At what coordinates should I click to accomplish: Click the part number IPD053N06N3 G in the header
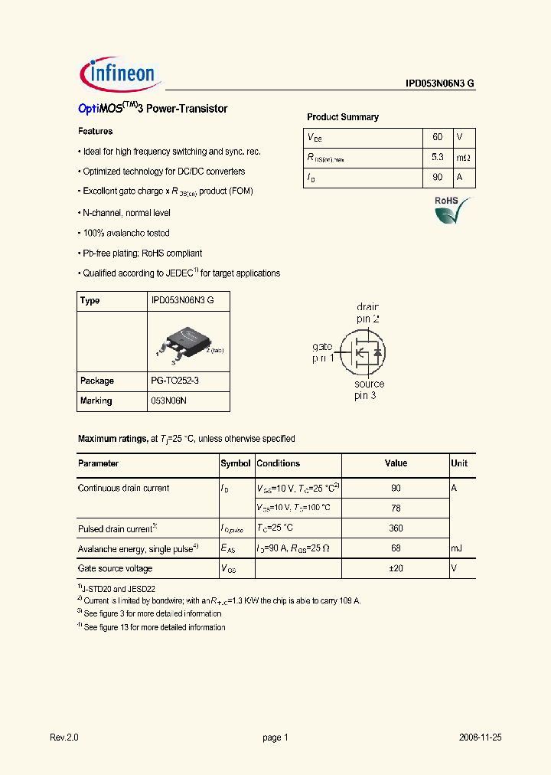click(440, 84)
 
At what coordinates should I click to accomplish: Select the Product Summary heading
click(342, 117)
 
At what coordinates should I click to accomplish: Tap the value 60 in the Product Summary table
click(437, 137)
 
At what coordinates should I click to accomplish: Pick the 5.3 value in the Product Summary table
click(437, 158)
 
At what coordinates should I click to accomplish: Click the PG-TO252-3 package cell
click(178, 381)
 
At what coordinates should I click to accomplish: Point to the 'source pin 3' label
click(369, 390)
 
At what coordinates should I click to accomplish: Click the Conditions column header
click(279, 463)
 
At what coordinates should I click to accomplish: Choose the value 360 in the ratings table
click(396, 528)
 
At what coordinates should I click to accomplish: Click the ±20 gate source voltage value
click(396, 568)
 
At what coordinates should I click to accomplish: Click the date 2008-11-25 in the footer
click(479, 737)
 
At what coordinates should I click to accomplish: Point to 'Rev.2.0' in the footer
click(64, 737)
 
